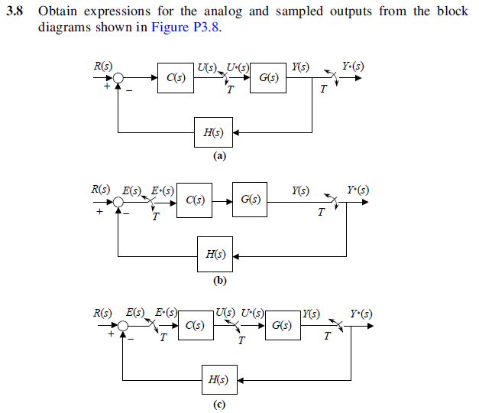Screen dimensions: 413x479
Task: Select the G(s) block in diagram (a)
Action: [268, 78]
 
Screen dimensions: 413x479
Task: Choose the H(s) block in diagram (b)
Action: [215, 255]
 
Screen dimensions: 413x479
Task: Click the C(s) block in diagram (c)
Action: [195, 326]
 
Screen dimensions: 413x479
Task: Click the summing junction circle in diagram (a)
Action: [118, 78]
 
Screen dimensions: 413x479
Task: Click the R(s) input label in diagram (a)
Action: [102, 67]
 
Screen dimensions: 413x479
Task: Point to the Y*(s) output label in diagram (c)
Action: [361, 314]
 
